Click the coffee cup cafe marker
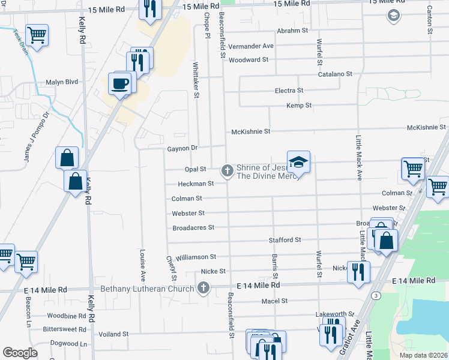coord(120,83)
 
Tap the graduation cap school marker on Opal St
coord(298,163)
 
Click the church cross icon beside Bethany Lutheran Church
coord(203,289)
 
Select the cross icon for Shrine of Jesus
coord(227,171)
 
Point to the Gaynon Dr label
coord(182,148)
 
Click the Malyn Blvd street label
coord(62,82)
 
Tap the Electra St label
coord(289,91)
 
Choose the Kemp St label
coord(299,106)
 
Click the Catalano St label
coord(335,74)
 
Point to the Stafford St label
coord(285,240)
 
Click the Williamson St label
coord(196,257)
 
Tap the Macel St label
coord(275,301)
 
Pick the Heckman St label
coord(196,184)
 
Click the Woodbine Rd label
coord(67,316)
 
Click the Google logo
coord(20,353)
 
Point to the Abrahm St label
coord(292,31)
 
